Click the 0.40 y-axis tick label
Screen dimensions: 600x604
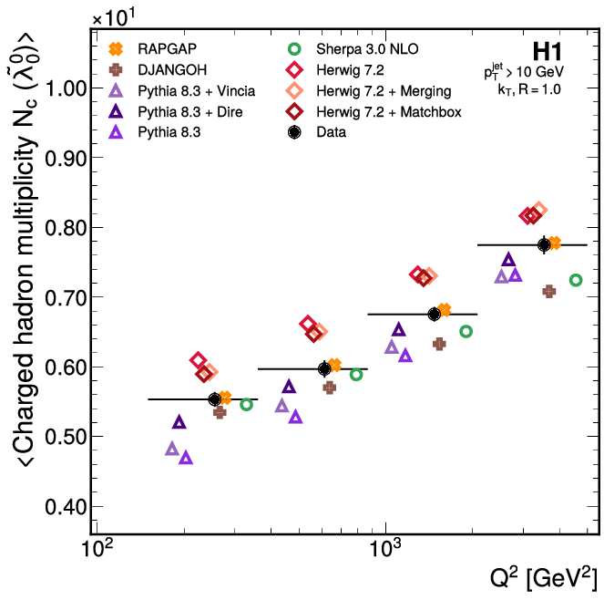63,507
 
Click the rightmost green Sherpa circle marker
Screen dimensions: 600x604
576,280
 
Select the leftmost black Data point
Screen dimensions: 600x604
215,399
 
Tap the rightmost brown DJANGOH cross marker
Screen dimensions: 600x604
549,291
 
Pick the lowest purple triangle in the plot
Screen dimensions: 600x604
186,458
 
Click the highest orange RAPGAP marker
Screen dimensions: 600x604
554,243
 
